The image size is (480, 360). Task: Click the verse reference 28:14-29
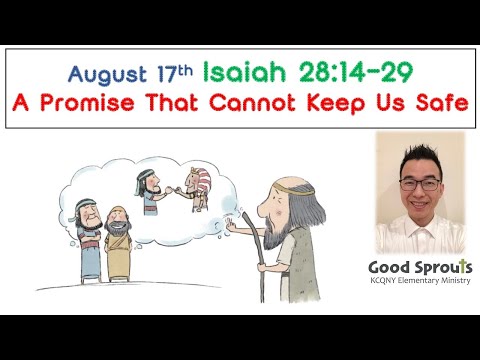coord(355,71)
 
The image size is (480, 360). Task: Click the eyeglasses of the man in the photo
coord(420,183)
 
